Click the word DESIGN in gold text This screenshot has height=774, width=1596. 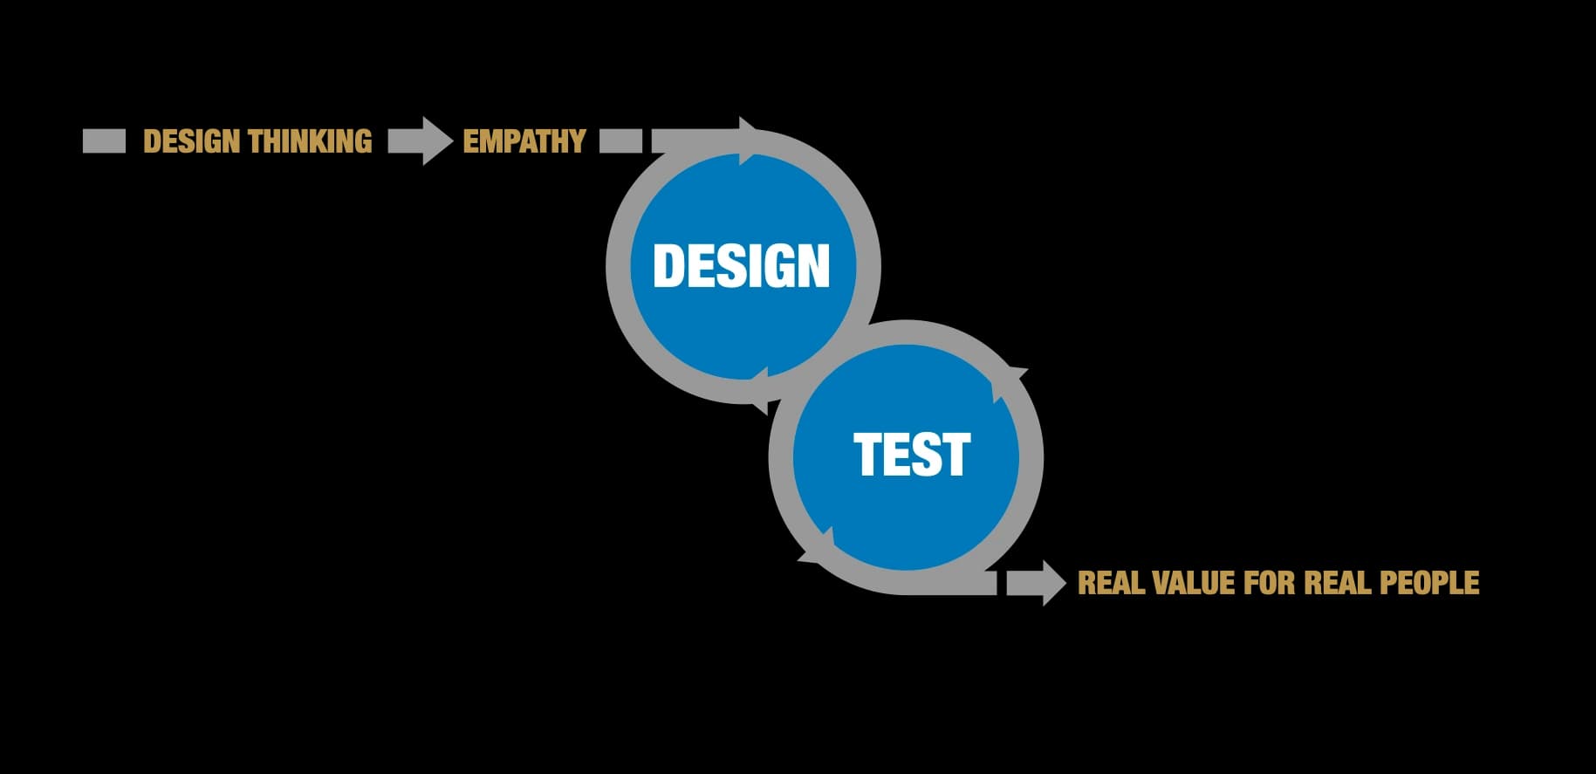(x=192, y=141)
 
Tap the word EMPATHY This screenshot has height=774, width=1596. (x=524, y=141)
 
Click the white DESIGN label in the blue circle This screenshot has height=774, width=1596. (x=741, y=265)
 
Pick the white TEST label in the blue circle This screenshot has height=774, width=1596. (x=912, y=455)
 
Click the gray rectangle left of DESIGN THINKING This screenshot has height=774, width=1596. (x=104, y=141)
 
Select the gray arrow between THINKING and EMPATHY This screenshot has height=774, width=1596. (x=420, y=141)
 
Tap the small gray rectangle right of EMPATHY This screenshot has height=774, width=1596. (x=620, y=141)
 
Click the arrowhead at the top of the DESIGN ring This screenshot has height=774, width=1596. (x=749, y=140)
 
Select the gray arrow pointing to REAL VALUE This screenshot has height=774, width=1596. (x=1037, y=583)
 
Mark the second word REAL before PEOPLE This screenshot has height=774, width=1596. (x=1337, y=583)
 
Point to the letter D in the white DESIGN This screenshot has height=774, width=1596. (x=669, y=265)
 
